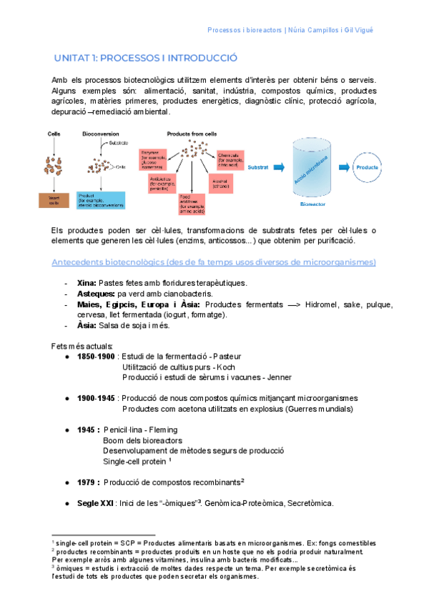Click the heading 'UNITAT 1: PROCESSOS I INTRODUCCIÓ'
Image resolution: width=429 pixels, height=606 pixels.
pos(146,58)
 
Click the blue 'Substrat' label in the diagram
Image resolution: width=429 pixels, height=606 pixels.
pos(258,168)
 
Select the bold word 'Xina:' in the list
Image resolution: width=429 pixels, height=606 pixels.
pos(87,283)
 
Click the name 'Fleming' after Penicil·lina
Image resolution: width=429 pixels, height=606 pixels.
pos(164,430)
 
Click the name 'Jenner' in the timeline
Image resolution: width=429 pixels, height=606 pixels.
pos(277,377)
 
